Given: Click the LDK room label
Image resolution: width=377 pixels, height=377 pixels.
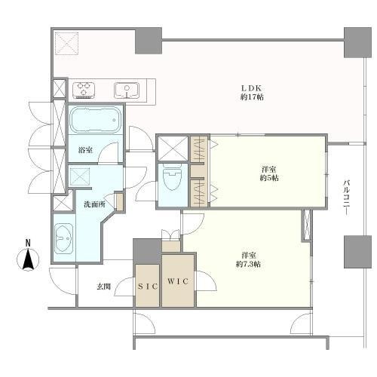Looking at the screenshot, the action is tap(252, 88).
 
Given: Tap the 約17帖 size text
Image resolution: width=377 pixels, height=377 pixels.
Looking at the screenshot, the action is tap(252, 97).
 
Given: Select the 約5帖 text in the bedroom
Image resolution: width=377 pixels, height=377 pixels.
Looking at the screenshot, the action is tap(269, 178).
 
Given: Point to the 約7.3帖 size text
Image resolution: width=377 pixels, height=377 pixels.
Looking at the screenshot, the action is tap(248, 265).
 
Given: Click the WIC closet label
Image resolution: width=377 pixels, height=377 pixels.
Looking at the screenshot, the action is tap(178, 281).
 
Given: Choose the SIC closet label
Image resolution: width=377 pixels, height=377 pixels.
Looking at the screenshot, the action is tap(148, 287).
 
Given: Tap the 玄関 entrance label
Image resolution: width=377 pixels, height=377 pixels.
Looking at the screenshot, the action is tap(104, 287).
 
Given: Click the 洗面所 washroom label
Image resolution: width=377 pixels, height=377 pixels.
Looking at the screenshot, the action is tap(94, 204).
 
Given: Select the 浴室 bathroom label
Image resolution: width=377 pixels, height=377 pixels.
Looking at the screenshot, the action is tap(85, 150).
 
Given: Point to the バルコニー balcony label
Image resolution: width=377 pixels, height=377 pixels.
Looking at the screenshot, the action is tap(347, 198).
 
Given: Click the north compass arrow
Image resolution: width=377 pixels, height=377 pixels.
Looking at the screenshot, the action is tap(28, 259).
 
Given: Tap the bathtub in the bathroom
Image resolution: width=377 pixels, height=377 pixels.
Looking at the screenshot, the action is tap(95, 120).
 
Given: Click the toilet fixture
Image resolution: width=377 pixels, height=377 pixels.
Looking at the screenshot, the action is tap(172, 177).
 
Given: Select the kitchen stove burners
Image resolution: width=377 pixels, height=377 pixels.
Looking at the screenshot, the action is tap(84, 90).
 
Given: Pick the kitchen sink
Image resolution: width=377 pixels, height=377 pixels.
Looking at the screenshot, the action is tap(127, 90).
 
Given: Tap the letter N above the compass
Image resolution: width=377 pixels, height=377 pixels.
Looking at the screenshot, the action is tap(28, 243).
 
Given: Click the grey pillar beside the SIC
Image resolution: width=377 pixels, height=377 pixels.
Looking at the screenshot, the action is tap(147, 251).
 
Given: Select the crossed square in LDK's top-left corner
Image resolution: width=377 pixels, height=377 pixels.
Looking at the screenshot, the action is tap(67, 43).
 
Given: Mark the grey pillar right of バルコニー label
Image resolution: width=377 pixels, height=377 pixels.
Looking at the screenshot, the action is tap(357, 251).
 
